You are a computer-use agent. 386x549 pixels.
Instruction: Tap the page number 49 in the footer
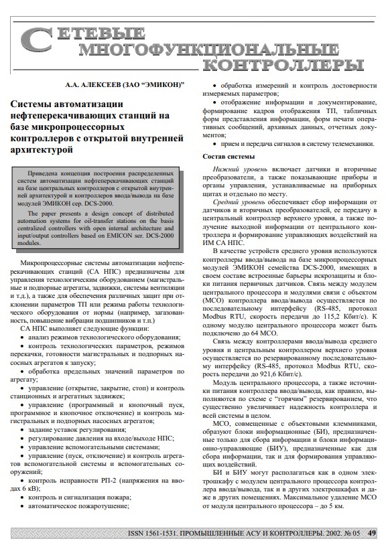click(x=372, y=533)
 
